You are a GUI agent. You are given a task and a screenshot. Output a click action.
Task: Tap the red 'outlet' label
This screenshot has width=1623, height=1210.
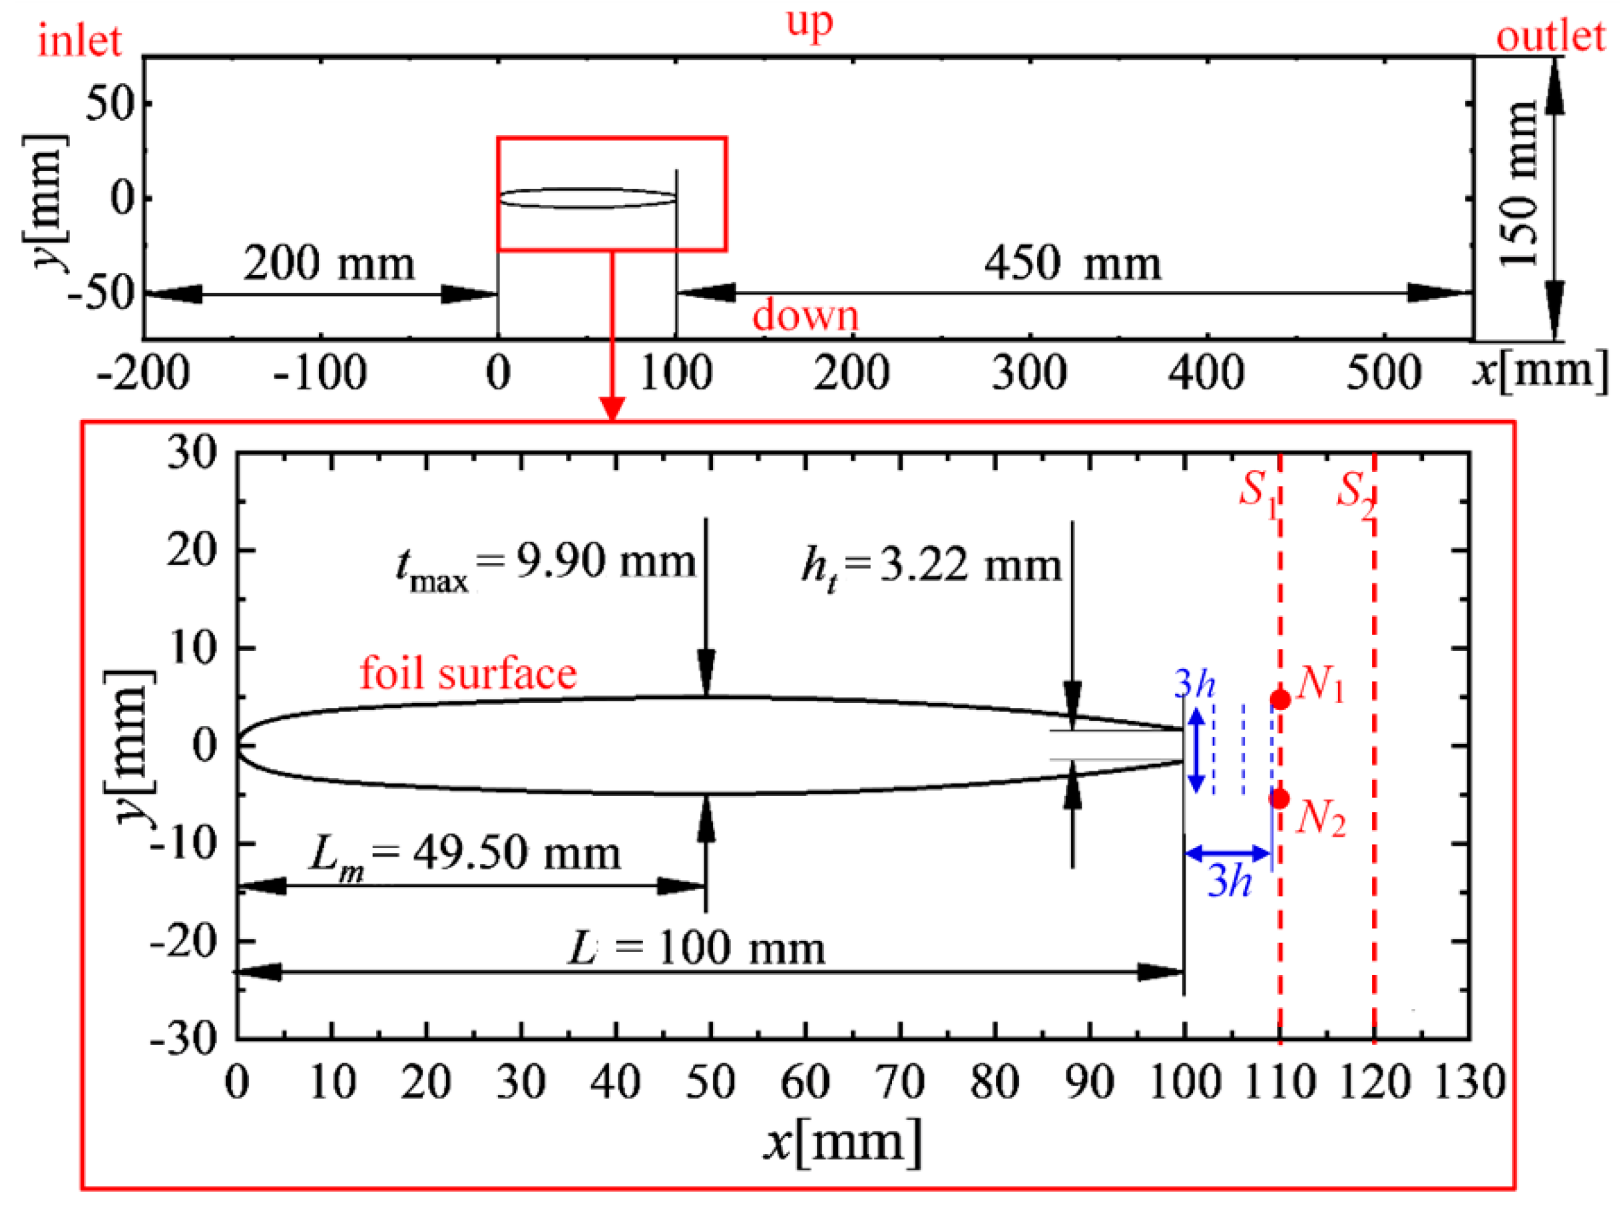[1550, 37]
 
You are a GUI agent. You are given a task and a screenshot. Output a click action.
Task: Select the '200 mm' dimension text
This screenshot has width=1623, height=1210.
[329, 264]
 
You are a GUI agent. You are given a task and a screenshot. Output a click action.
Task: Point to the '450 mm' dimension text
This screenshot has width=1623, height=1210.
[1072, 264]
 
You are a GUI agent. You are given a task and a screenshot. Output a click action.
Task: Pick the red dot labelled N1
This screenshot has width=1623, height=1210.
[1279, 700]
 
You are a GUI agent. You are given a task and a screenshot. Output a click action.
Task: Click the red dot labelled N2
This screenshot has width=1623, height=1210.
[1279, 799]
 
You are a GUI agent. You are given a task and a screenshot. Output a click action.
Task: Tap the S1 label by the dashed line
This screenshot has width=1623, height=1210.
[1257, 493]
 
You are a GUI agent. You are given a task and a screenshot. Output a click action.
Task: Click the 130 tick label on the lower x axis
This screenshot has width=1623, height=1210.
[1469, 1083]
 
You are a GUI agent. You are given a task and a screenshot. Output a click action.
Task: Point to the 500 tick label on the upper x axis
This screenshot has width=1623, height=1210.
[1383, 373]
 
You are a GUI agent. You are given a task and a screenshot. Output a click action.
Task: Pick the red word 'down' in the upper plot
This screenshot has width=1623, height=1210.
[806, 316]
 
